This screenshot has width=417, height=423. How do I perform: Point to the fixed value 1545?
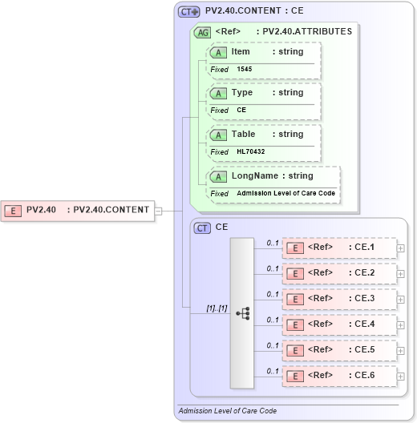tap(245, 70)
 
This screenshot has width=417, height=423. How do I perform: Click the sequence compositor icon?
tap(243, 313)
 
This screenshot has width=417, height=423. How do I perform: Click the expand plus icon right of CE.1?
tap(401, 248)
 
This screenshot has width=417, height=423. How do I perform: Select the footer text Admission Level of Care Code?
tap(228, 411)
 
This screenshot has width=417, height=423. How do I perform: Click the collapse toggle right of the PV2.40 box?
tap(158, 211)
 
